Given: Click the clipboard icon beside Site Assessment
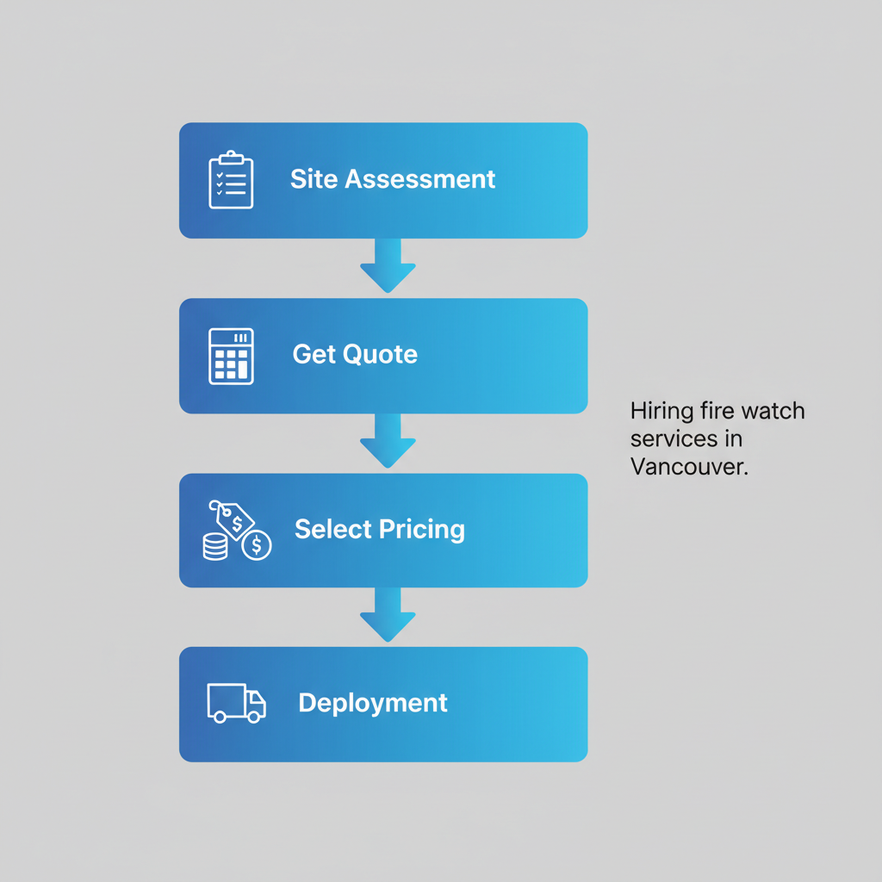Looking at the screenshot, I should click(x=231, y=180).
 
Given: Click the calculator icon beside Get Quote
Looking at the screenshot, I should click(x=231, y=356).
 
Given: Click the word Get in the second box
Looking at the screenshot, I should click(x=314, y=355).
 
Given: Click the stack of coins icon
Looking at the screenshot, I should click(x=215, y=546).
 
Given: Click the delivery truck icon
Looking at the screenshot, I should click(x=236, y=703).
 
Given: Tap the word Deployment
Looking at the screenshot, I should click(x=373, y=703).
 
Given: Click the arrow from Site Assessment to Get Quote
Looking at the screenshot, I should click(x=388, y=265).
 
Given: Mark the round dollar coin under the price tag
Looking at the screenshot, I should click(x=257, y=545).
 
